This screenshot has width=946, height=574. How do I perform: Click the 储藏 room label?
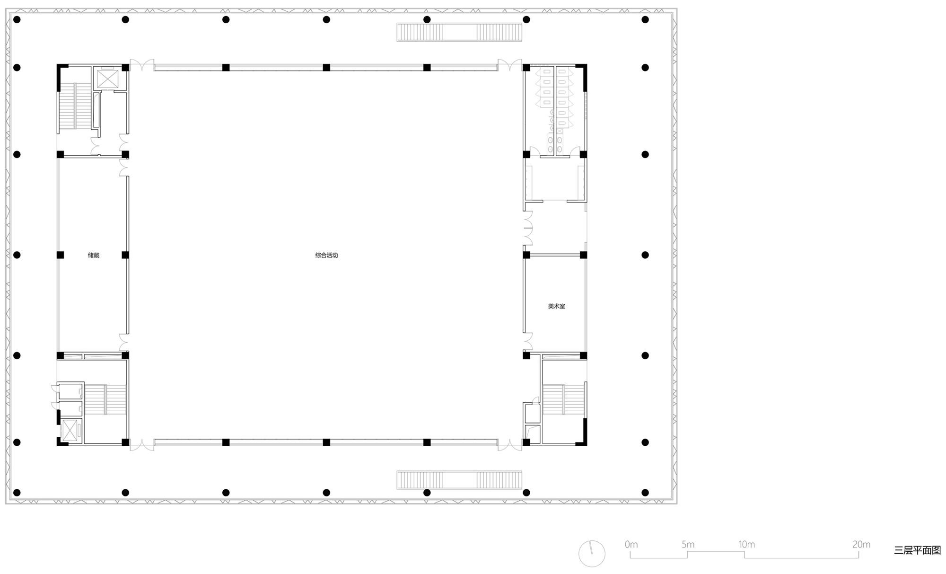point(94,255)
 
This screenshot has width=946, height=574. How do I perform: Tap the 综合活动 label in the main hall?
point(326,255)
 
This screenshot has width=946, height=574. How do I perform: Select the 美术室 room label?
point(556,306)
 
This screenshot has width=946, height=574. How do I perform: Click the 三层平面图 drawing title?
point(917,550)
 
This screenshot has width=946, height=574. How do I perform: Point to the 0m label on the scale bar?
point(631,545)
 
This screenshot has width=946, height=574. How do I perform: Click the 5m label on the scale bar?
point(688,545)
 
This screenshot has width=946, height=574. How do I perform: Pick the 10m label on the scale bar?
point(746,545)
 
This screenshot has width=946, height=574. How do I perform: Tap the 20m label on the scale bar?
point(861,545)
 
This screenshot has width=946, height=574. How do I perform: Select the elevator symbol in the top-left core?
point(107,79)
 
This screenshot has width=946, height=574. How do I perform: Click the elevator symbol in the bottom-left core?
point(70,430)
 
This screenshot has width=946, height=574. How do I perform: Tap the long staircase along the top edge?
point(459,32)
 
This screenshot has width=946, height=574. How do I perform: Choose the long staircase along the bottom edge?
point(459,480)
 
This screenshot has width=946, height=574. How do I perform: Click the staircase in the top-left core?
point(75,106)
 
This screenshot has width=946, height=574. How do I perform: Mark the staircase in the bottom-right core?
point(563,400)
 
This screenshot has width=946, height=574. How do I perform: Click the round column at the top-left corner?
point(17,19)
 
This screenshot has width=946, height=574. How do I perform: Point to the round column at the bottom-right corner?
point(645,493)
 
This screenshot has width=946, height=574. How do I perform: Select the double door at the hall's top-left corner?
point(142,65)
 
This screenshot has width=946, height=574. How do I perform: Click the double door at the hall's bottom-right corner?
point(510,445)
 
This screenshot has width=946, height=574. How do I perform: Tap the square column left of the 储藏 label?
point(60,255)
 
